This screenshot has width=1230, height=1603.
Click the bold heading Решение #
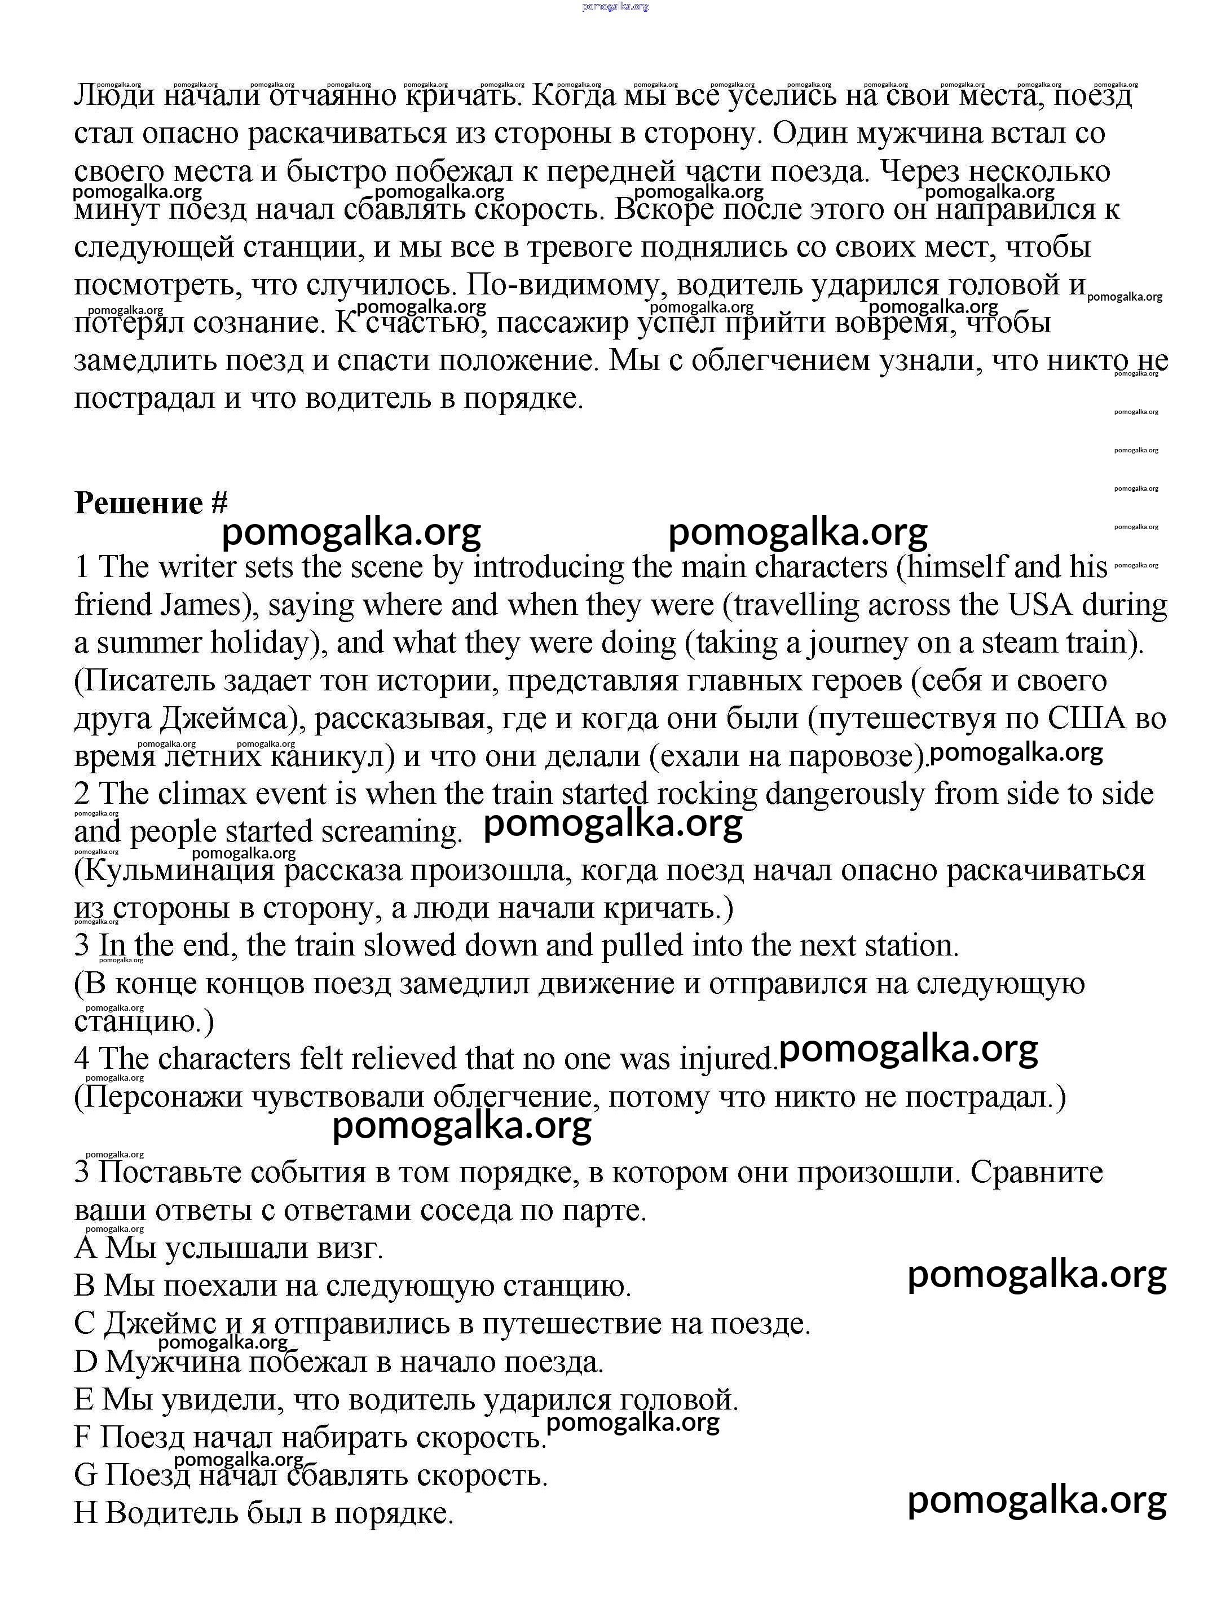pos(151,503)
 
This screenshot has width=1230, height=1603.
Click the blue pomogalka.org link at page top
pos(615,7)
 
